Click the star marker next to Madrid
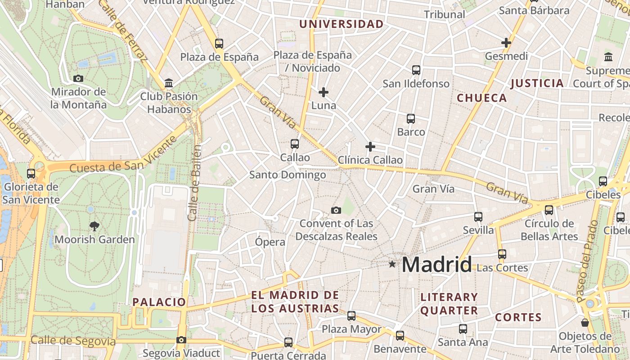pos(392,264)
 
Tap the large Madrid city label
pos(436,265)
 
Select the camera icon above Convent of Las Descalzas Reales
pos(336,210)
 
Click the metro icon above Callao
pos(295,144)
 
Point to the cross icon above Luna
pos(323,92)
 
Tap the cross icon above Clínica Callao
pos(370,147)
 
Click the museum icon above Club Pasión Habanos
pos(169,83)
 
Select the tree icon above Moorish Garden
pos(94,226)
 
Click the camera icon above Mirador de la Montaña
pos(78,78)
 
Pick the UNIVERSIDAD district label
pos(342,24)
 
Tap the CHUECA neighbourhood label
pos(482,98)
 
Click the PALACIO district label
pos(159,302)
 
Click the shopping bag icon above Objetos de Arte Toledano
pos(585,323)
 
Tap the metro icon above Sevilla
pos(478,217)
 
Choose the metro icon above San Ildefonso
pos(416,70)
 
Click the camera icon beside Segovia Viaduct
pos(181,340)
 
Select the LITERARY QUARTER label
pos(449,304)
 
